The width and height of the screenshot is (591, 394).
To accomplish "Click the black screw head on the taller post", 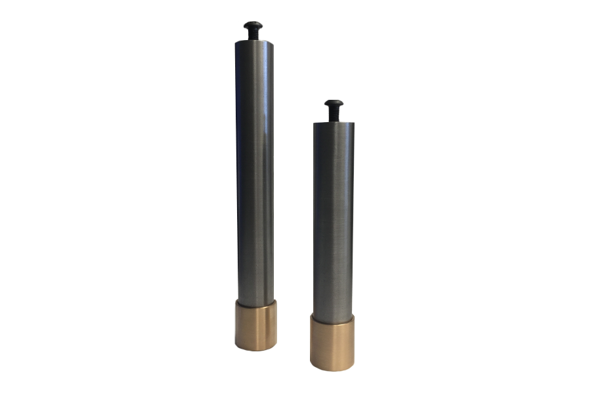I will point(253,26).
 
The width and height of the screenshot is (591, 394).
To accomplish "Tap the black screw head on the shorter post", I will point(334,104).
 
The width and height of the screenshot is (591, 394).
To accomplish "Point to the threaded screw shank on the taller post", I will point(253,35).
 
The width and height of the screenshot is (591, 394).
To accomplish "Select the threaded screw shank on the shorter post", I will point(334,115).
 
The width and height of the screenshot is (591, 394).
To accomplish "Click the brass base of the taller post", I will point(255,326).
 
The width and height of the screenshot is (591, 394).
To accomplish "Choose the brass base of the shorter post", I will point(332,343).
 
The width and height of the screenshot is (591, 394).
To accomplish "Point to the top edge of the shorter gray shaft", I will point(334,123).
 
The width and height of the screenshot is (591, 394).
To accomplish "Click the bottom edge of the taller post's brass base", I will point(255,349).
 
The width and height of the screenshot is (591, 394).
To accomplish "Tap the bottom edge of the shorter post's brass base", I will point(332,369).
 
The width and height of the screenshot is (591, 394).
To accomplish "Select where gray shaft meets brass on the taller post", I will point(255,304).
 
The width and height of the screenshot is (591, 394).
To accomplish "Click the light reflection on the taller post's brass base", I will point(263,326).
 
